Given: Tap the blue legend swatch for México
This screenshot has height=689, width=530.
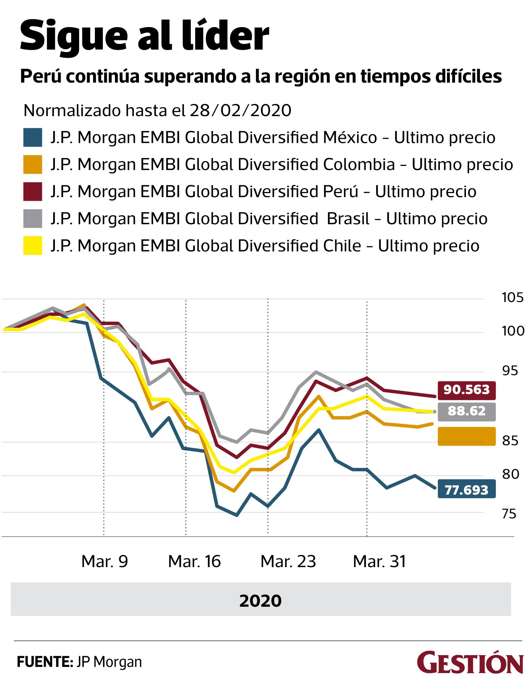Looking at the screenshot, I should (33, 137).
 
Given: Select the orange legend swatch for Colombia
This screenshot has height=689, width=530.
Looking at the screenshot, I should (33, 165).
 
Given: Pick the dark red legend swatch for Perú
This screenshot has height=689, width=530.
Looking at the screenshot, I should (33, 192).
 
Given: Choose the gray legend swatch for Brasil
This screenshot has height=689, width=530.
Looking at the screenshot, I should (33, 219).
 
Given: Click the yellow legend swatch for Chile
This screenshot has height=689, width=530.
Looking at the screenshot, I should (33, 245).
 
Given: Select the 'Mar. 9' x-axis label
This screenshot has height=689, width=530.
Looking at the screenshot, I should (105, 561).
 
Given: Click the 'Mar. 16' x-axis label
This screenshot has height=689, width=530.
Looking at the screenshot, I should (195, 561).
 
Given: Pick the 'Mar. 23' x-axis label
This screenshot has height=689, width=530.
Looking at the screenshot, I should (288, 561).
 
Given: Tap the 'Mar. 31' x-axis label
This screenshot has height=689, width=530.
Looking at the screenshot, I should (379, 561).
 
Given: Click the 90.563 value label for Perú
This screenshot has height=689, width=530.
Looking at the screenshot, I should (467, 390).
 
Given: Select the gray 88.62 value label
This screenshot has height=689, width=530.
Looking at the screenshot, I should (467, 411).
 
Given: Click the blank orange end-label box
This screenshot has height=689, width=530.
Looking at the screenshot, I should (467, 436).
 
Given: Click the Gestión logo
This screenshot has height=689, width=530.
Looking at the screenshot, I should (470, 661).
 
